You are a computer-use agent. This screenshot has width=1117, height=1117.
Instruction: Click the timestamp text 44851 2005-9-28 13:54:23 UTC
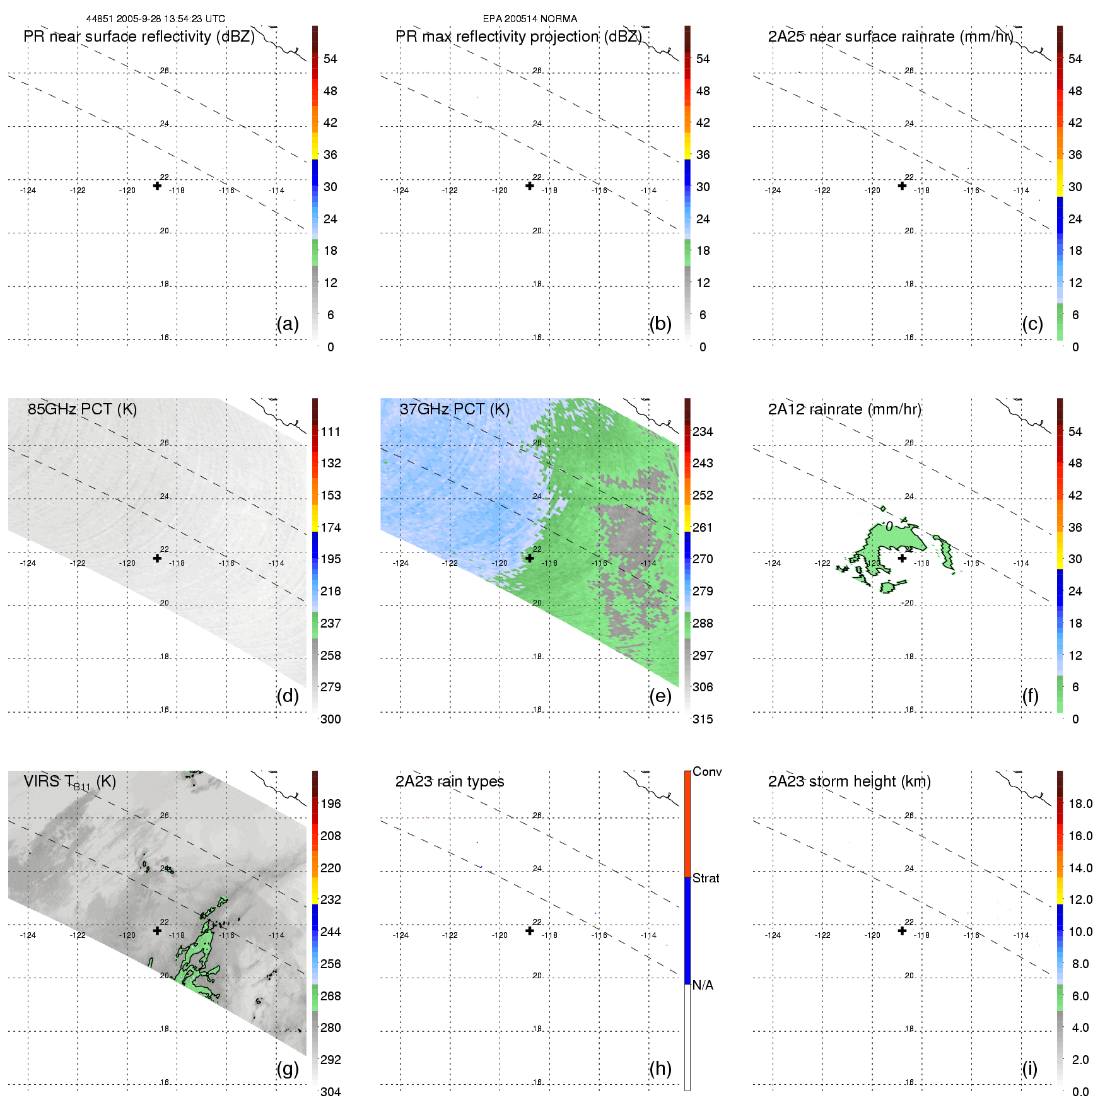coord(155,19)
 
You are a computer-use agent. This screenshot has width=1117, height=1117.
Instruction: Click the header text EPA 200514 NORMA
coord(530,19)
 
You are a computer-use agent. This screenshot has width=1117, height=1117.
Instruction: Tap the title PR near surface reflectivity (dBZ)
coord(139,37)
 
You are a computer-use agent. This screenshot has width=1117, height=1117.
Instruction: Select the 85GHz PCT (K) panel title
coord(82,409)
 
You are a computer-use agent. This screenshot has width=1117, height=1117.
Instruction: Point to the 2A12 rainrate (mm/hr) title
coord(845,409)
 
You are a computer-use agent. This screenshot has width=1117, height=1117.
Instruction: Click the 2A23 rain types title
coord(450,781)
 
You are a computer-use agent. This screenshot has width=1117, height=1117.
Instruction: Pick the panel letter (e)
coord(660,696)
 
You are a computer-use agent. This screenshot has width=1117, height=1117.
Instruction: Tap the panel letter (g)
coord(288,1068)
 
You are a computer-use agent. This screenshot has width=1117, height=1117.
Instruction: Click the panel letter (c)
coord(1032,324)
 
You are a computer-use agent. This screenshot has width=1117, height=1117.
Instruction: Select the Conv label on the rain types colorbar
coord(707,772)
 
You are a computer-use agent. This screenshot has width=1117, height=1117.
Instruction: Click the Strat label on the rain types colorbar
coord(706,879)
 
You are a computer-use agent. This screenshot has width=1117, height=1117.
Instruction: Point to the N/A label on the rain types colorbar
coord(703,985)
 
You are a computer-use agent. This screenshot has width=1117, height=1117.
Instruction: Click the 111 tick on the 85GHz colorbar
coord(330,432)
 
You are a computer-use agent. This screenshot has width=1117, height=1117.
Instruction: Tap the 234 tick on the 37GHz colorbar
coord(703,432)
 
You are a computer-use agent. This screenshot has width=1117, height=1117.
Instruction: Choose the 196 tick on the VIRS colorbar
coord(330,804)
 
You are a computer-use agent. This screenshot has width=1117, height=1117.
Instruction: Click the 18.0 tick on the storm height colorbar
coord(1080,804)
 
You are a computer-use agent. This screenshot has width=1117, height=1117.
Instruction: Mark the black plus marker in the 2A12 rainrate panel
coord(902,558)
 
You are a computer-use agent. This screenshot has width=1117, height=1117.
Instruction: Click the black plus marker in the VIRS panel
coord(157,930)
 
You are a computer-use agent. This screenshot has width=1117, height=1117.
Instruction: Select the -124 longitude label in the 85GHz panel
coord(28,563)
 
